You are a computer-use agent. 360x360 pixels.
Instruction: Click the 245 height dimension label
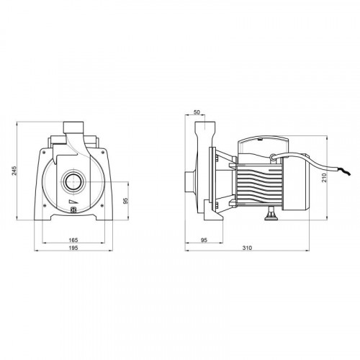[15, 171]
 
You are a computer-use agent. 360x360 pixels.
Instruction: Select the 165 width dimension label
[73, 240]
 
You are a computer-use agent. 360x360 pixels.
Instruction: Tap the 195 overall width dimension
[73, 248]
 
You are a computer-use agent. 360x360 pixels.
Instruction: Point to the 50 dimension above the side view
[197, 112]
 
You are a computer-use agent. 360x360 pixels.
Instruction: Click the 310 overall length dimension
[247, 248]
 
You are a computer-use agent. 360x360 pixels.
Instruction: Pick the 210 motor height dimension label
[324, 177]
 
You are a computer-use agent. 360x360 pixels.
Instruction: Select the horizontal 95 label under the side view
[204, 240]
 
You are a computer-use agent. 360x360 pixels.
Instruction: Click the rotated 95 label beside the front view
[125, 201]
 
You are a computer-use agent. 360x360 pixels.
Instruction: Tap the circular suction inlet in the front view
[73, 181]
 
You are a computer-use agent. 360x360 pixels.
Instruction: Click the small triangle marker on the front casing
[72, 202]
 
